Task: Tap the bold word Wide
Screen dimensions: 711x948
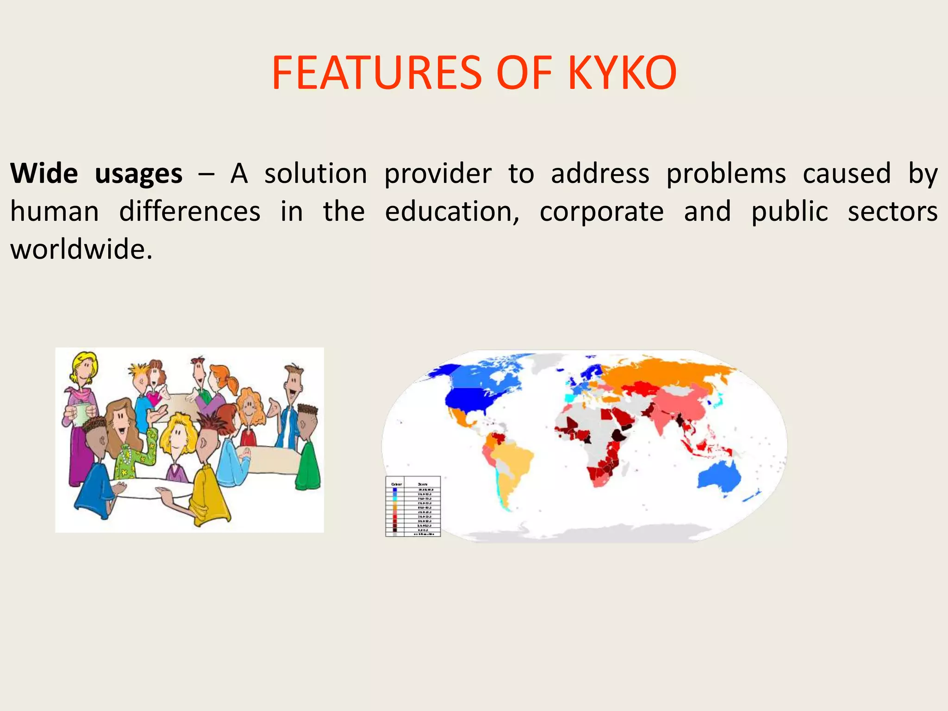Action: click(44, 174)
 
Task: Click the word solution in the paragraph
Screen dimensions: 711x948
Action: click(316, 174)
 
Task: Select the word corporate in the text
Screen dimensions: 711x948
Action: click(602, 212)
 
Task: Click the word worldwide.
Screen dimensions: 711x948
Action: click(81, 250)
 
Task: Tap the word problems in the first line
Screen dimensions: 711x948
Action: click(726, 174)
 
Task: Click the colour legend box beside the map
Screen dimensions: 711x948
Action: click(413, 506)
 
